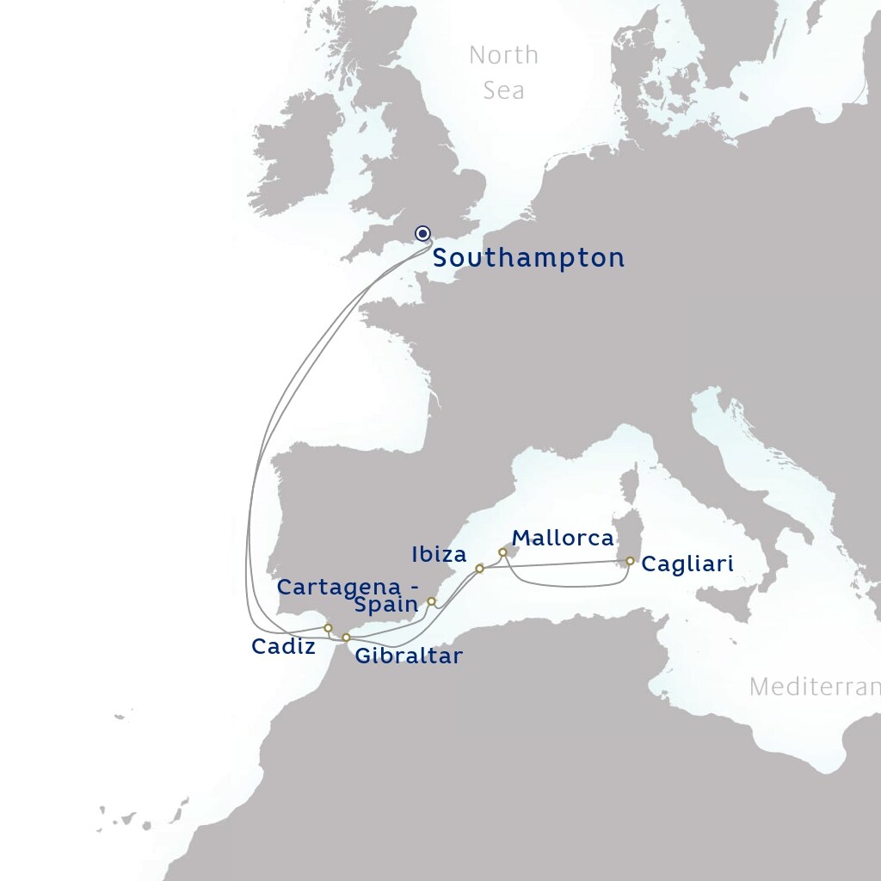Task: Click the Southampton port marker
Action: tap(422, 233)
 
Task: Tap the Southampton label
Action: tap(528, 258)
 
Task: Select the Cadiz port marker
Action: tap(328, 628)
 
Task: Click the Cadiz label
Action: tap(283, 647)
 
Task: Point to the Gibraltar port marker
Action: tap(346, 638)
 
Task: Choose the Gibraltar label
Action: tap(409, 656)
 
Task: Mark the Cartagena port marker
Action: tap(431, 601)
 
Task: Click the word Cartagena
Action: tap(340, 587)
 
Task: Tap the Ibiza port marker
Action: tap(479, 569)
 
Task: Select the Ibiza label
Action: tap(439, 554)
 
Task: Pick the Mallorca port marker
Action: tap(502, 552)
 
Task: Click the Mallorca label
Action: tap(563, 539)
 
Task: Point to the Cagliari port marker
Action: tap(630, 561)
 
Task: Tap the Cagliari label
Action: tap(687, 565)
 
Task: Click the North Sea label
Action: tap(504, 72)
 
